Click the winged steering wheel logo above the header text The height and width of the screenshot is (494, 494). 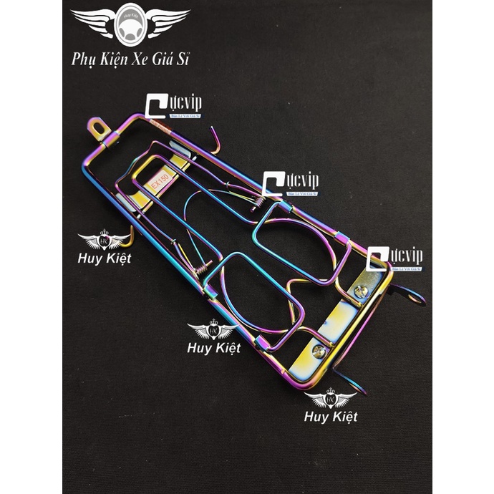coord(131,23)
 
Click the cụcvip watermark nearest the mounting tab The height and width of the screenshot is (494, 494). coord(173,105)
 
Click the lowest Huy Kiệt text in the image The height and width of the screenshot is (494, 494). coord(330,417)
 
